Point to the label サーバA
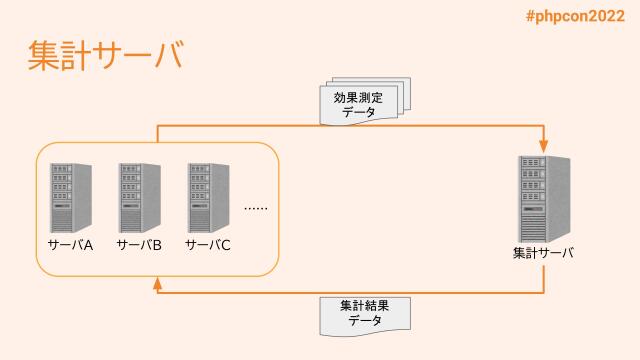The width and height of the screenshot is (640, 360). pos(70,245)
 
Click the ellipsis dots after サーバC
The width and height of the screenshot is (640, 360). pos(256,209)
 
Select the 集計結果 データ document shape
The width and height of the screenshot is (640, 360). pos(365,315)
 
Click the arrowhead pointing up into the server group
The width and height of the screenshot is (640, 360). pos(157,285)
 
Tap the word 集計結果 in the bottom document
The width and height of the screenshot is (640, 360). pos(365,306)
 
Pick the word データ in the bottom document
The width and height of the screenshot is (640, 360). pos(365,322)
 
